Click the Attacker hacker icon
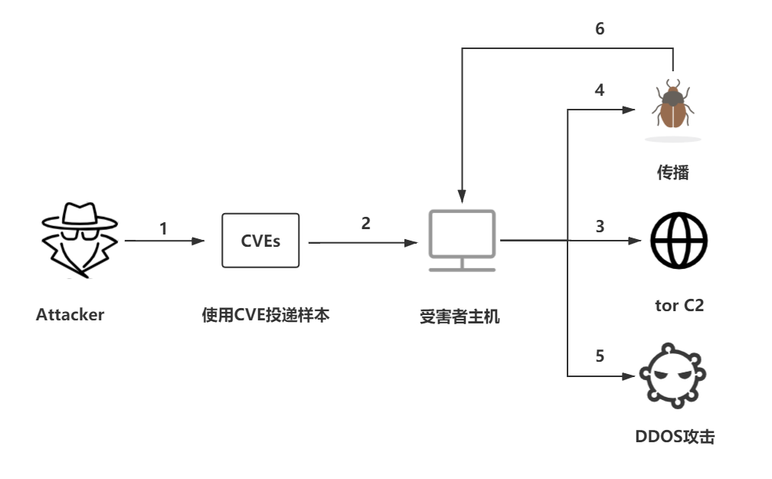pos(79,240)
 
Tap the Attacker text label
pos(70,314)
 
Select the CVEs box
pos(260,241)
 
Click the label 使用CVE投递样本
pos(266,315)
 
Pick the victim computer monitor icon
pos(461,240)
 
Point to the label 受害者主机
pos(460,316)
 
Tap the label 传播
pos(672,172)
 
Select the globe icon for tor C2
pos(679,240)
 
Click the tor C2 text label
pos(679,305)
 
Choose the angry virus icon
pos(673,375)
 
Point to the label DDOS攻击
pos(675,438)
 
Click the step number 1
pos(163,228)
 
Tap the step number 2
pos(365,223)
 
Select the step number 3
pos(600,227)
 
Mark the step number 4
pos(600,90)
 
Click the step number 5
pos(600,356)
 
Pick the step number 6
pos(600,29)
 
